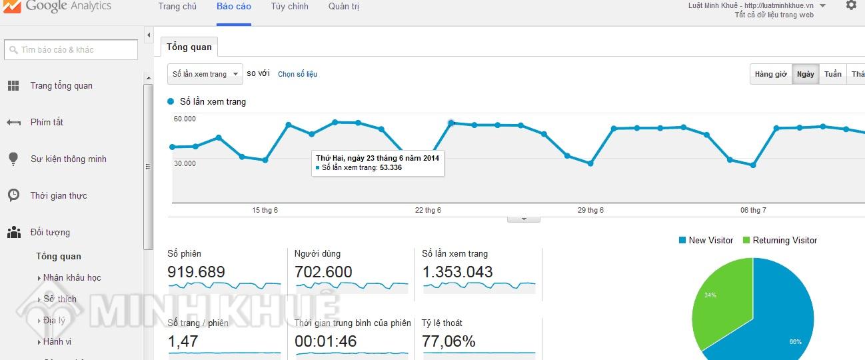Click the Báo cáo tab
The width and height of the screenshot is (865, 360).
click(x=234, y=7)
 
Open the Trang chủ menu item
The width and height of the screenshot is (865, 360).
click(x=177, y=7)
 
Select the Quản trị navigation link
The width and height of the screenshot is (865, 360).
click(x=344, y=7)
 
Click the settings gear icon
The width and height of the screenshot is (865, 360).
click(x=851, y=5)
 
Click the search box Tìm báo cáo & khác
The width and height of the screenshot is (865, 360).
click(x=71, y=50)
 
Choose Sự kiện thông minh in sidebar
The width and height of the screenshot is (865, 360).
click(x=69, y=159)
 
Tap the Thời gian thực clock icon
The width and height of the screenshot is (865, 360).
click(x=13, y=195)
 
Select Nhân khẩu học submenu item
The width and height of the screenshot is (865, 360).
click(x=72, y=278)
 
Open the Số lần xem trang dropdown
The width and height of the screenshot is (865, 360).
click(x=205, y=74)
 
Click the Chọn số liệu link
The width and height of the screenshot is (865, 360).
click(x=297, y=74)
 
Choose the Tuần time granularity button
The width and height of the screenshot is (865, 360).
click(x=832, y=74)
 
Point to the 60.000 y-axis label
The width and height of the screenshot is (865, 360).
click(x=185, y=119)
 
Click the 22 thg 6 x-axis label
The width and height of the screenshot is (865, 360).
click(x=428, y=210)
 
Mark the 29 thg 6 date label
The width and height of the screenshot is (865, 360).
click(x=590, y=210)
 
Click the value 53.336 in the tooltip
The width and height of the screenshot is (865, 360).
click(x=391, y=167)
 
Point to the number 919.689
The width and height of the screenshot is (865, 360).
click(x=196, y=272)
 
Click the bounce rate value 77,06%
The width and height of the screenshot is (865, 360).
click(x=448, y=341)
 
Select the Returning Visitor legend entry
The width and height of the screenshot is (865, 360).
click(x=780, y=240)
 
